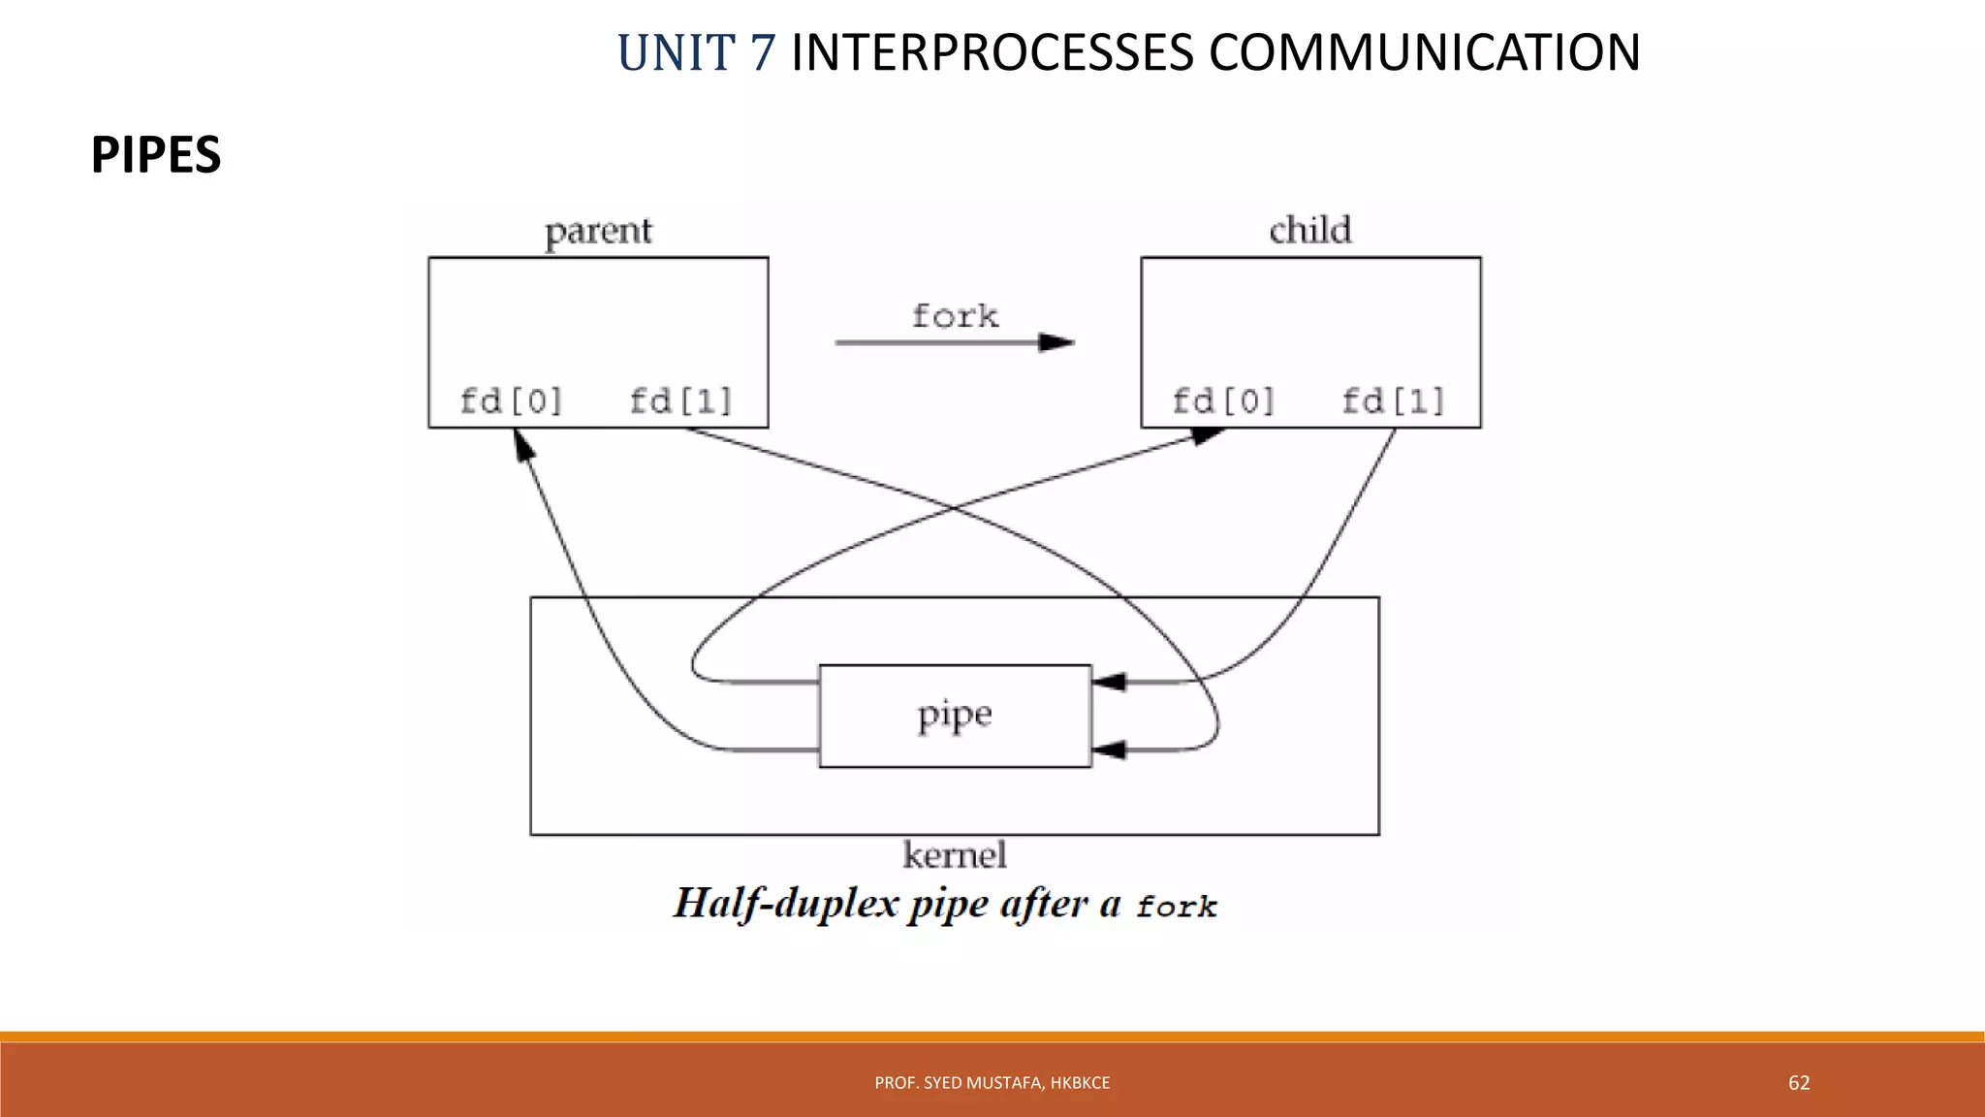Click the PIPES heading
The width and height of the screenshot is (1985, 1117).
click(x=156, y=155)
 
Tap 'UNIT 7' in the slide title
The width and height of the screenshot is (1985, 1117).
click(x=696, y=52)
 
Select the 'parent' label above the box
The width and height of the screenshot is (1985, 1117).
click(x=598, y=231)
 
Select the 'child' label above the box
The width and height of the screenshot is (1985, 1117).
click(x=1310, y=230)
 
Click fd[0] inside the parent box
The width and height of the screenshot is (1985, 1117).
click(x=511, y=400)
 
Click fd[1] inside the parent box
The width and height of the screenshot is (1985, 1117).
click(x=680, y=400)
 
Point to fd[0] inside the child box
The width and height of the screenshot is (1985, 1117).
click(x=1223, y=400)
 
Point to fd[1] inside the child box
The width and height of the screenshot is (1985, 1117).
click(x=1393, y=400)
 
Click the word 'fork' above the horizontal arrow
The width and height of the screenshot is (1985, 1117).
click(x=955, y=315)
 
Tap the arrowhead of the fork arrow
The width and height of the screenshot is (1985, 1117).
click(x=1056, y=342)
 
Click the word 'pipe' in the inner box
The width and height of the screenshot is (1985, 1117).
click(x=955, y=716)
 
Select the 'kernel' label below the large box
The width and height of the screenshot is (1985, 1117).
click(x=955, y=855)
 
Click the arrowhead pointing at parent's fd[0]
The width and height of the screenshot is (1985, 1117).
click(x=522, y=446)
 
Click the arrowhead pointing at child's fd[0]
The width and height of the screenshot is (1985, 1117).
click(x=1206, y=436)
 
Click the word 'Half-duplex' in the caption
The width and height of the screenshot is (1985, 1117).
click(x=786, y=904)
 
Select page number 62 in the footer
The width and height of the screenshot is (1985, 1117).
click(x=1799, y=1083)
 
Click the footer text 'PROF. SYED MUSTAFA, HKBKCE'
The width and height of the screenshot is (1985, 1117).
click(x=992, y=1083)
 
